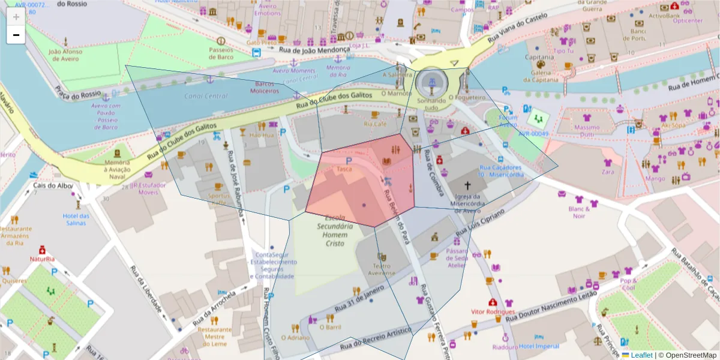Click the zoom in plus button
pyautogui.click(x=16, y=17)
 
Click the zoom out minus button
pyautogui.click(x=16, y=35)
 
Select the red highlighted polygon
pyautogui.click(x=360, y=186)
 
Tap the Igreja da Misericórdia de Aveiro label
pyautogui.click(x=468, y=203)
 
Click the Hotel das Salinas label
pyautogui.click(x=76, y=220)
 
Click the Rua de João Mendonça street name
pyautogui.click(x=314, y=50)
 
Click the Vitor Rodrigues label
pyautogui.click(x=493, y=312)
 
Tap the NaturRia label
pyautogui.click(x=42, y=259)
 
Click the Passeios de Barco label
pyautogui.click(x=221, y=53)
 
